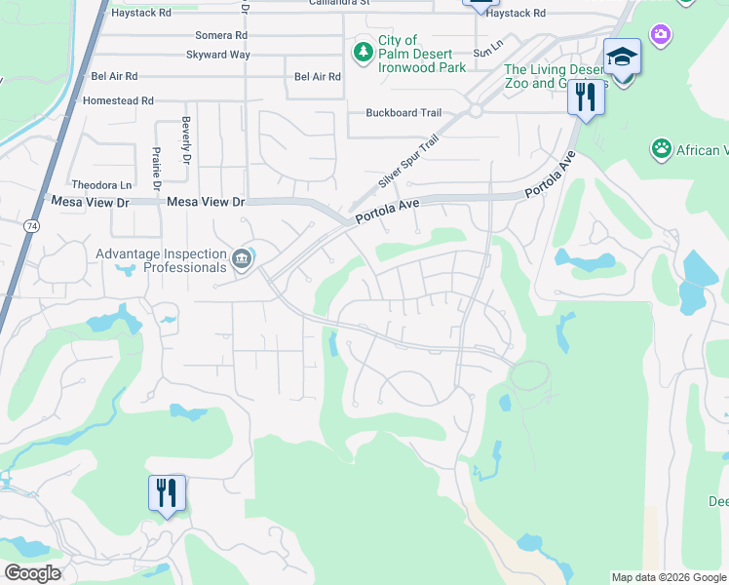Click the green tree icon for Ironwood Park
364,51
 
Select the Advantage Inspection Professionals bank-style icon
242,259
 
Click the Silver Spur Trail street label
409,162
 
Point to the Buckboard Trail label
403,113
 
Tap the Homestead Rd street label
122,100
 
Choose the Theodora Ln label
101,185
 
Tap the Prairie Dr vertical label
156,166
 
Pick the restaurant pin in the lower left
167,492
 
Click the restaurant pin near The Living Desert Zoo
585,97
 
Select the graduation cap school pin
621,58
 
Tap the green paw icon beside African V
662,149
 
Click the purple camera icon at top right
662,35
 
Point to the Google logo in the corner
32,573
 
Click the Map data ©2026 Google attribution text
669,577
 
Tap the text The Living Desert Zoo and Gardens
555,76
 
